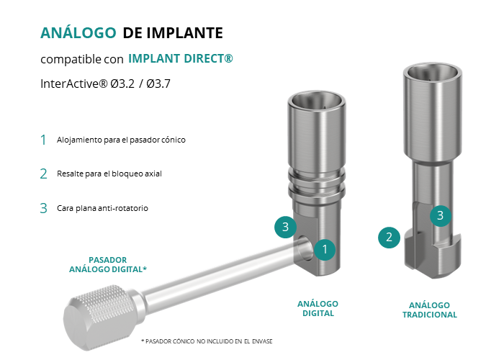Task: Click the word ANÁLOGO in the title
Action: click(x=78, y=32)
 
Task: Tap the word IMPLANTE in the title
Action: click(x=185, y=33)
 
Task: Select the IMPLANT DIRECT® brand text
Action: click(x=181, y=58)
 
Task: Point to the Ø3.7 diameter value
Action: click(x=158, y=84)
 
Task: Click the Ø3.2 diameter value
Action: click(x=122, y=84)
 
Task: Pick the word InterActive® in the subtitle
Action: click(x=73, y=84)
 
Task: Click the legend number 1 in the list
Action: click(x=43, y=140)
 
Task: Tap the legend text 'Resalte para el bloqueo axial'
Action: click(x=109, y=174)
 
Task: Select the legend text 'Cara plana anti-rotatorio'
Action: click(x=102, y=208)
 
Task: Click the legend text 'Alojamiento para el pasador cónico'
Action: click(x=121, y=140)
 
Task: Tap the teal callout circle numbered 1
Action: click(x=325, y=249)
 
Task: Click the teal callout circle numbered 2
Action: click(x=389, y=238)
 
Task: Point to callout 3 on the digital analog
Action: click(x=285, y=227)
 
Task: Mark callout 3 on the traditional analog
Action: click(x=441, y=215)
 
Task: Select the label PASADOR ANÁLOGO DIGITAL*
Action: click(x=108, y=264)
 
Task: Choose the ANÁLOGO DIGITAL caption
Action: click(x=318, y=309)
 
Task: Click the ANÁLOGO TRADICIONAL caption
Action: click(x=429, y=310)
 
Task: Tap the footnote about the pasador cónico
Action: click(x=207, y=341)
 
